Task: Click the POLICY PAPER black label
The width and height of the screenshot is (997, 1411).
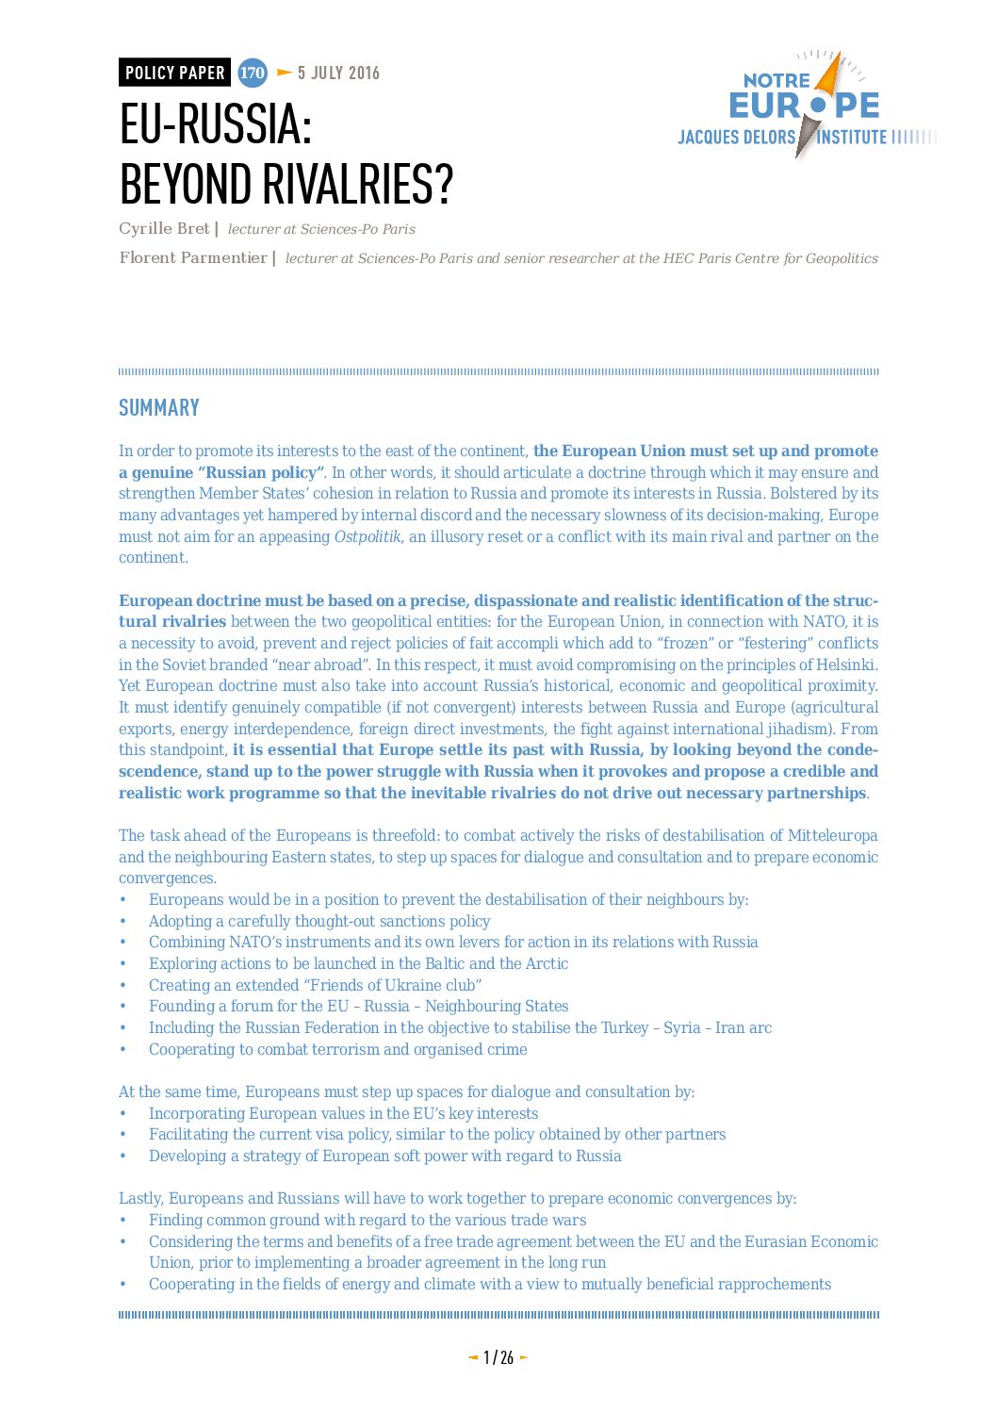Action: (174, 73)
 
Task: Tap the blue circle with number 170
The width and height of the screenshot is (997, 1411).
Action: (252, 73)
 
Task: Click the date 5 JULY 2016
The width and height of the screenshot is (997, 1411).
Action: (338, 73)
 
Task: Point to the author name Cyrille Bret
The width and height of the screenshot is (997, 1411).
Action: (164, 228)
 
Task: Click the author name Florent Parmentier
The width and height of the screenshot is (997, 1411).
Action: (193, 257)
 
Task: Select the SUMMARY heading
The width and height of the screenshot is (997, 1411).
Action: (158, 408)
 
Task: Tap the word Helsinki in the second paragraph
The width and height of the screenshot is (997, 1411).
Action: (846, 664)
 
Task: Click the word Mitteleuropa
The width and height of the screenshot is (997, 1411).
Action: (832, 835)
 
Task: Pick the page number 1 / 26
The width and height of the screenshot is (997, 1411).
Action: (498, 1357)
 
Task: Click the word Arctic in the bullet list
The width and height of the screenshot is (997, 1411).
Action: (547, 963)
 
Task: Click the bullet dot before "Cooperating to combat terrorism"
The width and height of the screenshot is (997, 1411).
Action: (123, 1050)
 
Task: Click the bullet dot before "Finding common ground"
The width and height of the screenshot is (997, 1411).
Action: (123, 1221)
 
